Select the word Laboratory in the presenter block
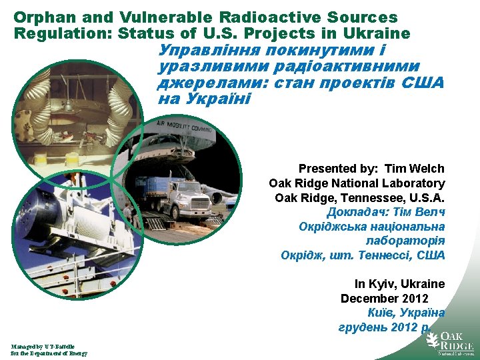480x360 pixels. (413, 183)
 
